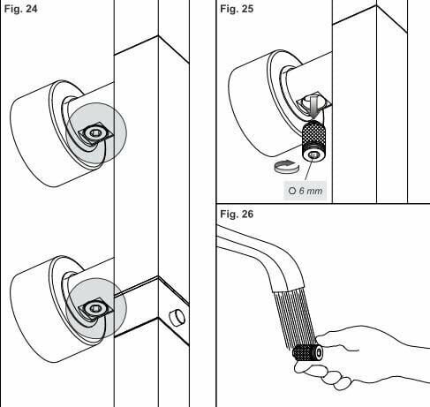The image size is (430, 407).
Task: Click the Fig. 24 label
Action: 20,9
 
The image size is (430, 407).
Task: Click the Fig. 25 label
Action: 237,9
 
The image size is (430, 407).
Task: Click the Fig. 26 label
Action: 237,214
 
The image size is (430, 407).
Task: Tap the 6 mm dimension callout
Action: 305,191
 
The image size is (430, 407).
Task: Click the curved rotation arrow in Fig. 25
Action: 286,167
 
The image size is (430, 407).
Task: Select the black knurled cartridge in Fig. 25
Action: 313,140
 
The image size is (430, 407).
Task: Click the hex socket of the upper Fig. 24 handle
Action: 94,133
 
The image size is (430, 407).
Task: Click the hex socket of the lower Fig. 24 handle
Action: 94,308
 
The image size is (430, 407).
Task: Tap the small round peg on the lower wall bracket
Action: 177,318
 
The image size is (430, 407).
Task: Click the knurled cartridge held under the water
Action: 308,353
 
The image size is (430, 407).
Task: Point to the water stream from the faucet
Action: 295,318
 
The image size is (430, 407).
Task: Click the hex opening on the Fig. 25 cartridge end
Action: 313,155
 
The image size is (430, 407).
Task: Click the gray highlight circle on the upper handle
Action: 96,133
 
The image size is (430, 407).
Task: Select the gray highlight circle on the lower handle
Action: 96,308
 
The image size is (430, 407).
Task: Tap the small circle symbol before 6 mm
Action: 292,191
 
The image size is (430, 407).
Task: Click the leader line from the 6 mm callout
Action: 309,170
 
